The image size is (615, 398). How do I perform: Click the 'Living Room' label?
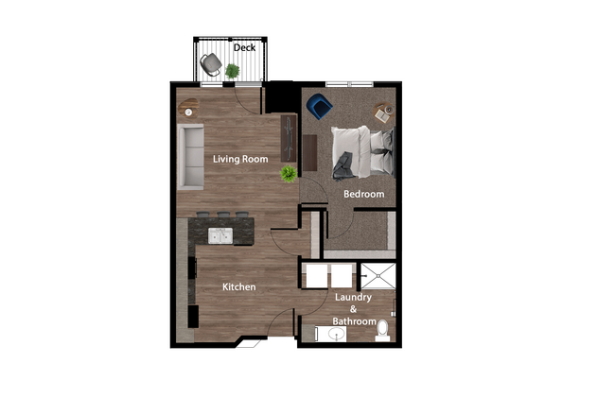pyautogui.click(x=240, y=159)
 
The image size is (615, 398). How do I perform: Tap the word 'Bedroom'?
pyautogui.click(x=364, y=194)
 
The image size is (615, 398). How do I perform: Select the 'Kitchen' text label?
pyautogui.click(x=238, y=286)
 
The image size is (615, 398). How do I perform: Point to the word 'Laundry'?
pyautogui.click(x=353, y=297)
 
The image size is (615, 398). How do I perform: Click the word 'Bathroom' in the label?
pyautogui.click(x=353, y=320)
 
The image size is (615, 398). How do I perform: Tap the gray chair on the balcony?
pyautogui.click(x=211, y=64)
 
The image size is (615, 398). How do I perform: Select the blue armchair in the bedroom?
pyautogui.click(x=318, y=107)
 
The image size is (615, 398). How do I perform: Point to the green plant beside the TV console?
pyautogui.click(x=288, y=174)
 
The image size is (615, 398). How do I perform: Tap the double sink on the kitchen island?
pyautogui.click(x=220, y=235)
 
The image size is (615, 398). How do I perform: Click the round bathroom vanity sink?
pyautogui.click(x=336, y=334)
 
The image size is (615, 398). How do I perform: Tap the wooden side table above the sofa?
pyautogui.click(x=187, y=107)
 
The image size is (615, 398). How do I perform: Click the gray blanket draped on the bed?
pyautogui.click(x=343, y=164)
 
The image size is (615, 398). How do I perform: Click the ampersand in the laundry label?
pyautogui.click(x=353, y=309)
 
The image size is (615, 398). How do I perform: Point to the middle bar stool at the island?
pyautogui.click(x=224, y=216)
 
